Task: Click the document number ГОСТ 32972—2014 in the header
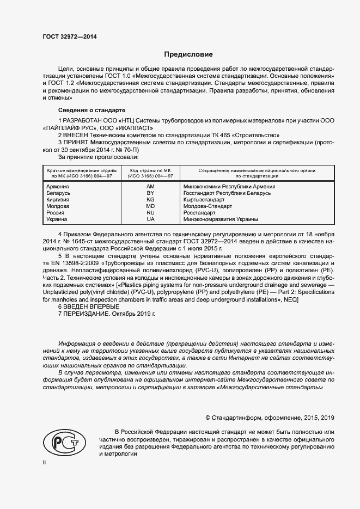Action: pyautogui.click(x=69, y=35)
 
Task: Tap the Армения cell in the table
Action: pyautogui.click(x=58, y=187)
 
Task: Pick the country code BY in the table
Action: pyautogui.click(x=151, y=193)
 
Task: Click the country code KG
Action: pyautogui.click(x=151, y=200)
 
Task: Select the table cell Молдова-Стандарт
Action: pyautogui.click(x=208, y=206)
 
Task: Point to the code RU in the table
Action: pyautogui.click(x=151, y=213)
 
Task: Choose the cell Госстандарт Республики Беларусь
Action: pyautogui.click(x=227, y=193)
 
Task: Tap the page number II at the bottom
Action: pyautogui.click(x=44, y=462)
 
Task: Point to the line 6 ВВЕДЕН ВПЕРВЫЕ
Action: pyautogui.click(x=89, y=307)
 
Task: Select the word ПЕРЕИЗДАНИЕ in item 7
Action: pyautogui.click(x=87, y=314)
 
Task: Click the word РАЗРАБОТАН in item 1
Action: pyautogui.click(x=84, y=119)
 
